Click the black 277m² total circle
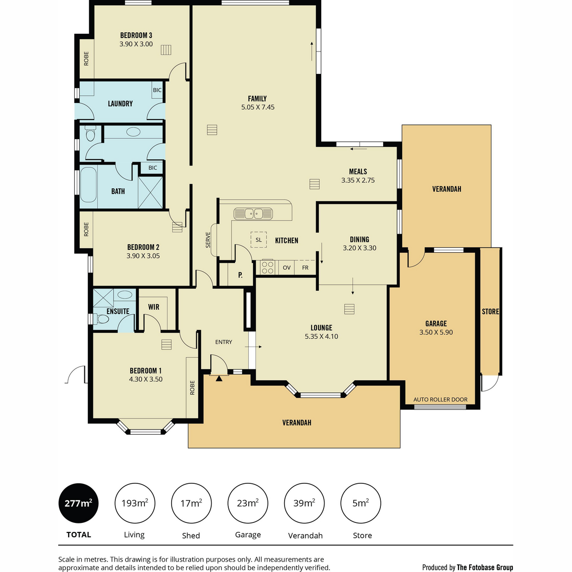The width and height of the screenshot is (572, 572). (x=78, y=503)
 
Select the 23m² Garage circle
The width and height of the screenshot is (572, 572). (x=247, y=503)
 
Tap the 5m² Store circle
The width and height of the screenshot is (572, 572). (x=360, y=503)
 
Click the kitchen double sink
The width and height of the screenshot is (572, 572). (x=253, y=214)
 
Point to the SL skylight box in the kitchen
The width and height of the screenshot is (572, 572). (x=258, y=240)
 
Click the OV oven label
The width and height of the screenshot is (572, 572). (x=286, y=267)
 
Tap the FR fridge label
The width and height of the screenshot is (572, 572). (x=305, y=267)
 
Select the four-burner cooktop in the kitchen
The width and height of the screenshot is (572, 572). (x=267, y=267)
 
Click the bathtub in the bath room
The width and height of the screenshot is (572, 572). (x=88, y=184)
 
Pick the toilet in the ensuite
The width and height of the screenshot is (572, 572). (x=101, y=319)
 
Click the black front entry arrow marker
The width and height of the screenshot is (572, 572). (x=219, y=378)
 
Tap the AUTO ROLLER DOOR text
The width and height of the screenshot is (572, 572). (x=440, y=399)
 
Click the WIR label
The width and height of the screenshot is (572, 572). (x=153, y=307)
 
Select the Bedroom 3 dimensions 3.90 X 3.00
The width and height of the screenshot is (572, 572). (x=136, y=44)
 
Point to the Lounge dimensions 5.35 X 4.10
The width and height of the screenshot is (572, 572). (x=321, y=337)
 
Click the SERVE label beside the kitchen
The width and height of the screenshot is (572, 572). (x=208, y=240)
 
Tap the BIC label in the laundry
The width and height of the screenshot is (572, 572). (x=157, y=90)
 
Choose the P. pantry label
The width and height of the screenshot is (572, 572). (x=240, y=275)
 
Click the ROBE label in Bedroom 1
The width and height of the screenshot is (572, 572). (x=192, y=388)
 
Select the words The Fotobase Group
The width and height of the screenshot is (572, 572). (x=485, y=567)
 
